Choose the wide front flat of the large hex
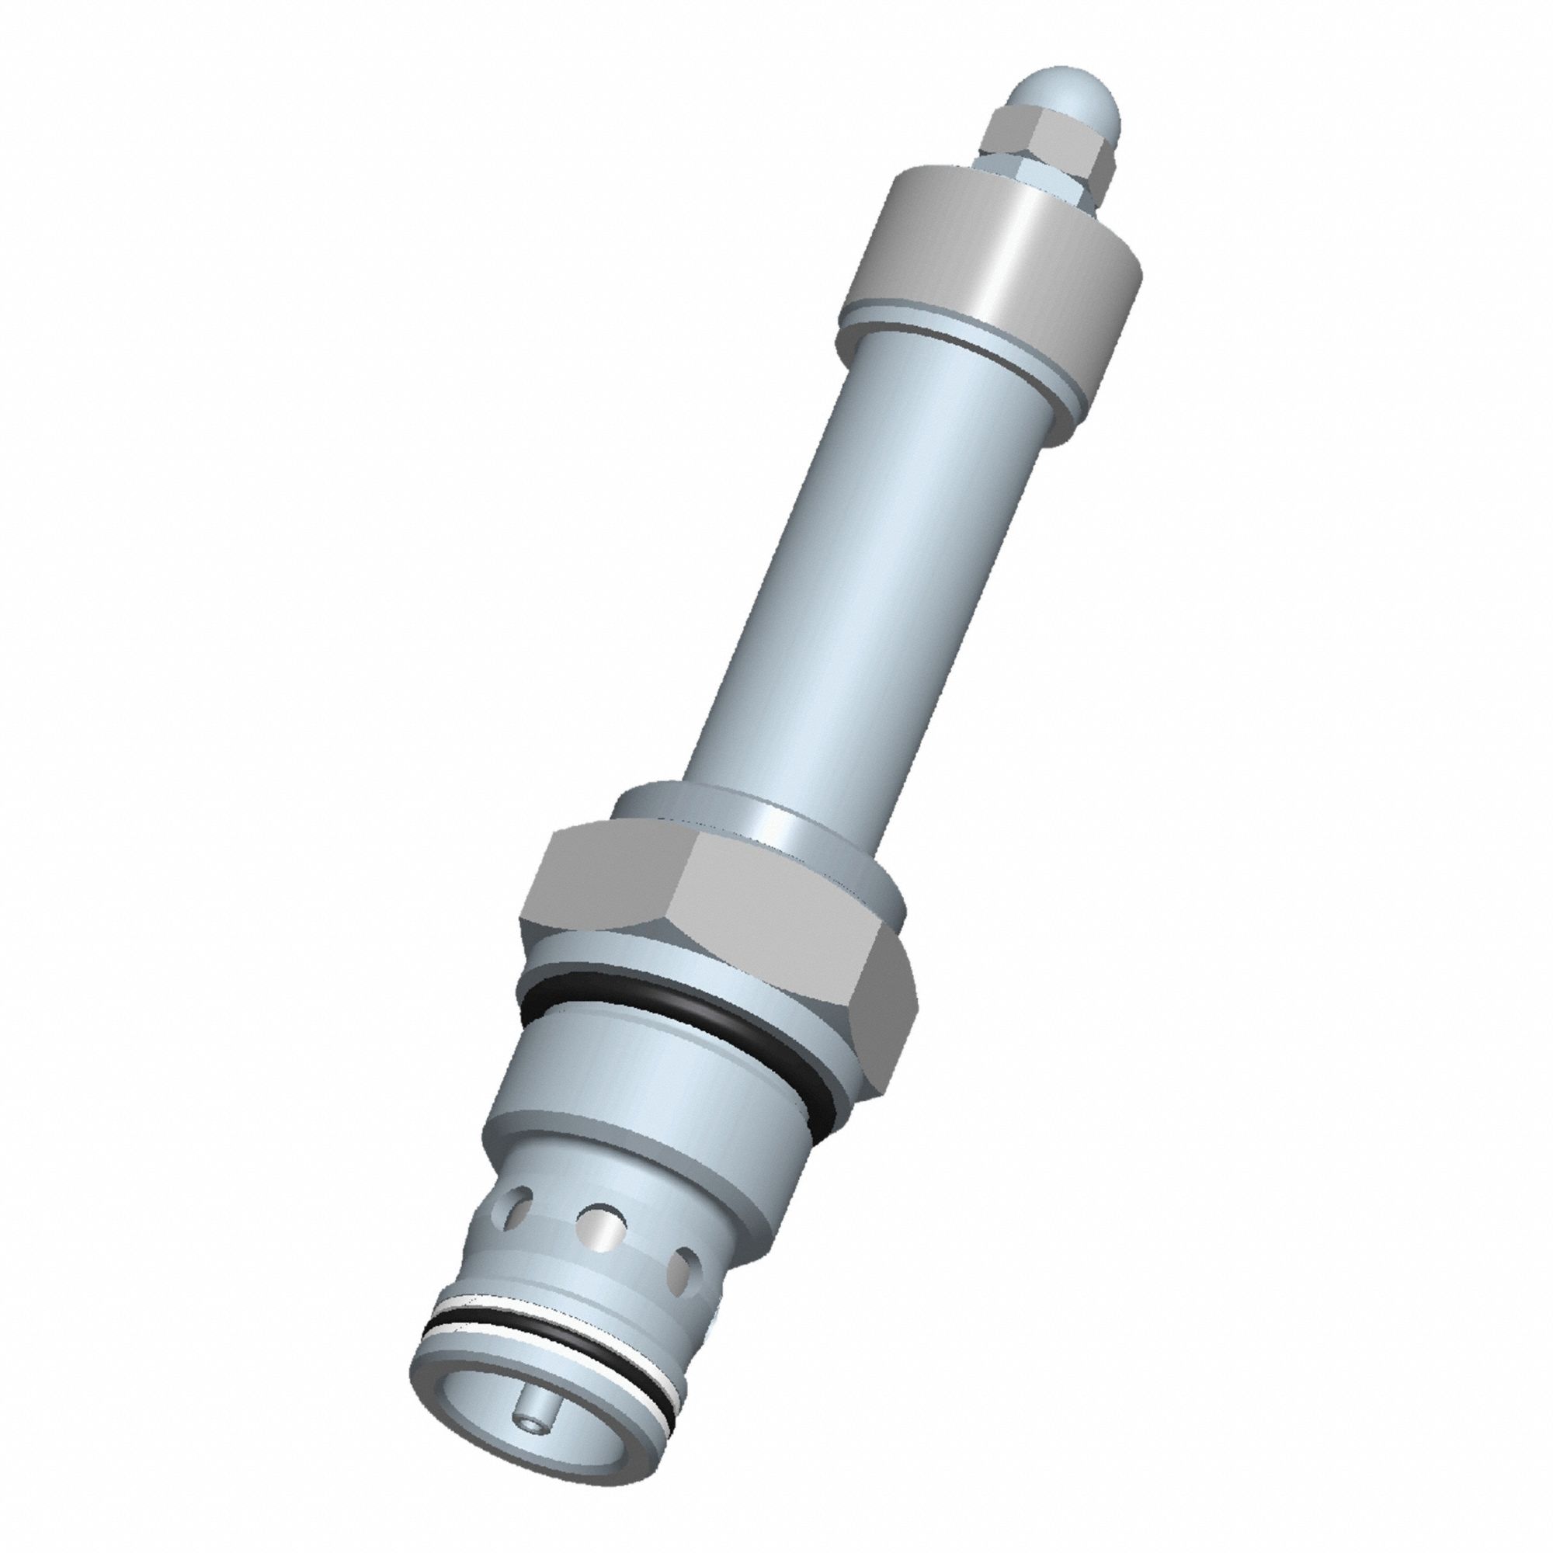[772, 924]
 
